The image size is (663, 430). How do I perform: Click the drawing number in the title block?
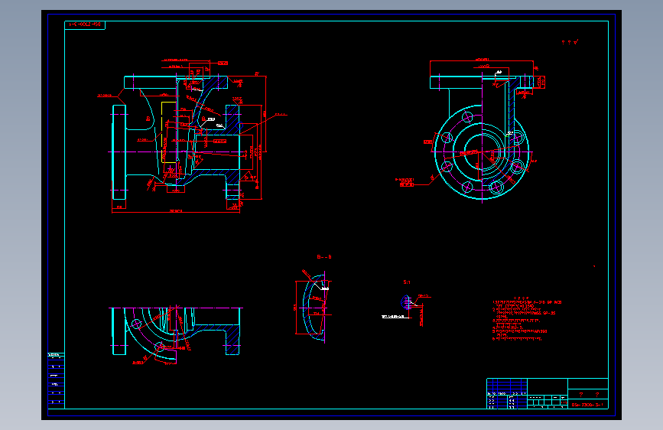pyautogui.click(x=587, y=403)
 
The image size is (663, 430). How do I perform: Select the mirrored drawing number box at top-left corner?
pyautogui.click(x=85, y=25)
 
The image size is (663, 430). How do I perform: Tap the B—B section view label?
pyautogui.click(x=324, y=257)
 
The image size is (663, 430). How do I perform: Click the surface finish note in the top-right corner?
pyautogui.click(x=570, y=43)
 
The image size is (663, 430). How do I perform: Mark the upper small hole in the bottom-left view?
pyautogui.click(x=136, y=324)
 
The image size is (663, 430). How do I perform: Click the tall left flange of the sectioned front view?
pyautogui.click(x=120, y=157)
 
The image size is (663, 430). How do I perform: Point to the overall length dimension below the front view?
pyautogui.click(x=175, y=210)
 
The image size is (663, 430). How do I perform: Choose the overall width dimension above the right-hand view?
pyautogui.click(x=481, y=59)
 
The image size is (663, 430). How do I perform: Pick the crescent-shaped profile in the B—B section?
pyautogui.click(x=310, y=310)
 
